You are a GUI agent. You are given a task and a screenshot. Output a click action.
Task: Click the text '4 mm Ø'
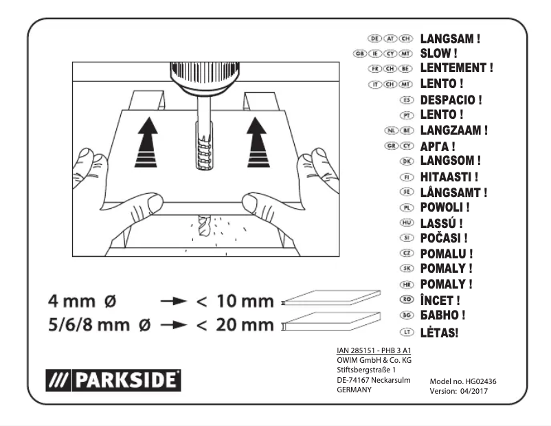(82, 301)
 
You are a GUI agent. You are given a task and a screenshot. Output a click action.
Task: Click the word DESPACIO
(451, 99)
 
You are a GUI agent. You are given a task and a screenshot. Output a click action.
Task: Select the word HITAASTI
(448, 177)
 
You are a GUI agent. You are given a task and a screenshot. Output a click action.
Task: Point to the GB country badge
(358, 53)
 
